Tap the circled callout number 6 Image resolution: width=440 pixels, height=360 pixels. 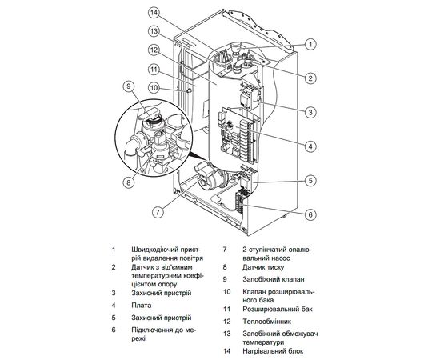click(x=310, y=214)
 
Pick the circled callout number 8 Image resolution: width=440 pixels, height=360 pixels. click(x=127, y=181)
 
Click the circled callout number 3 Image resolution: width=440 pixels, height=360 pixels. click(x=310, y=111)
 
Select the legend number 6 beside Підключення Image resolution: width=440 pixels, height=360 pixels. click(x=114, y=329)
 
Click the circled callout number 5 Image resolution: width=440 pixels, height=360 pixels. click(x=310, y=181)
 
